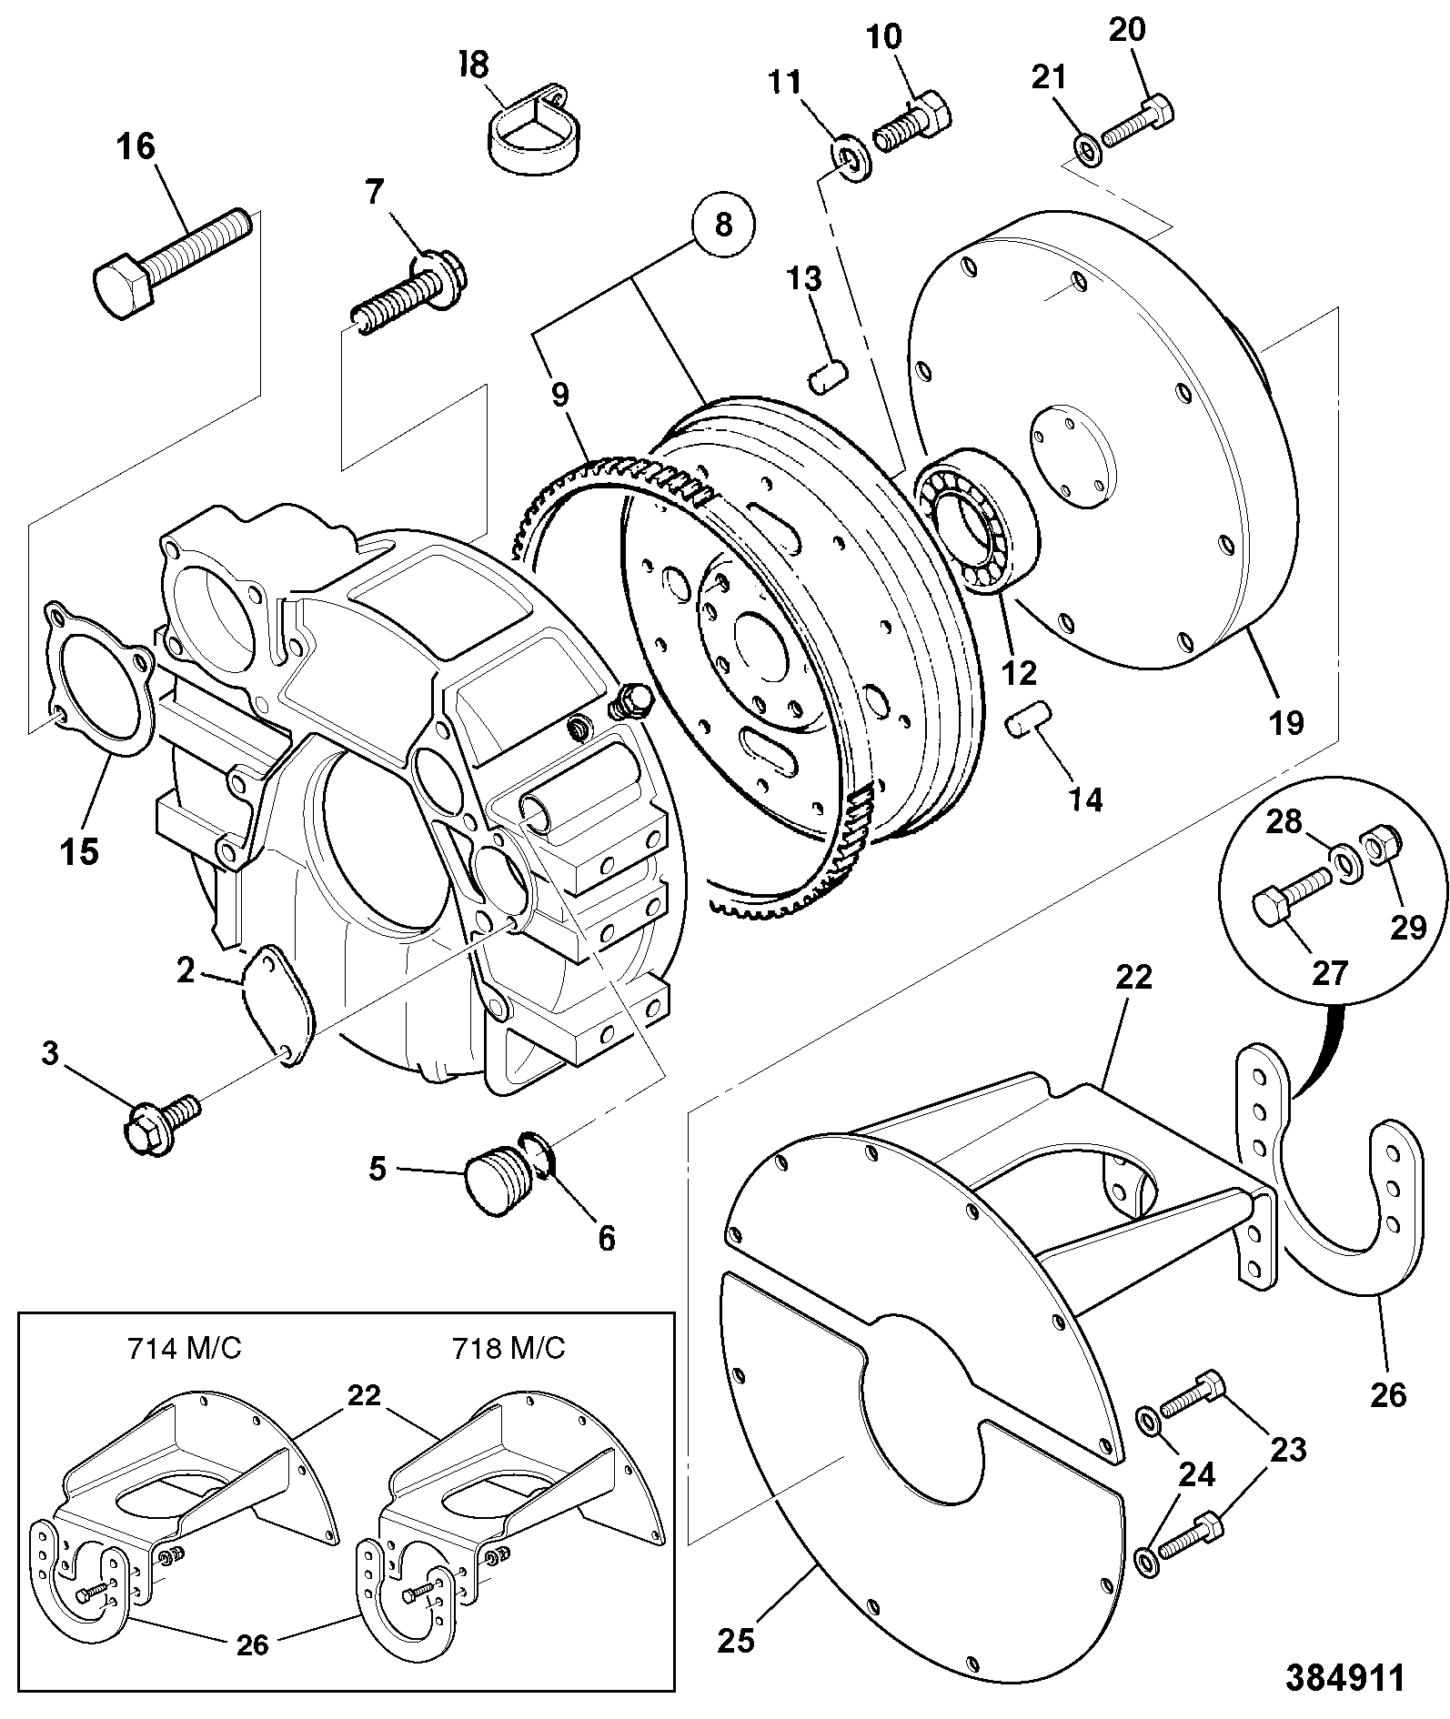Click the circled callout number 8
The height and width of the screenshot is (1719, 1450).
point(723,224)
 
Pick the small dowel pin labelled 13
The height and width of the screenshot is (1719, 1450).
point(829,376)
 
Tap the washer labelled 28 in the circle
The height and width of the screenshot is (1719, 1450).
point(1344,861)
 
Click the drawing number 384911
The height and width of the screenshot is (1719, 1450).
point(1344,1678)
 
